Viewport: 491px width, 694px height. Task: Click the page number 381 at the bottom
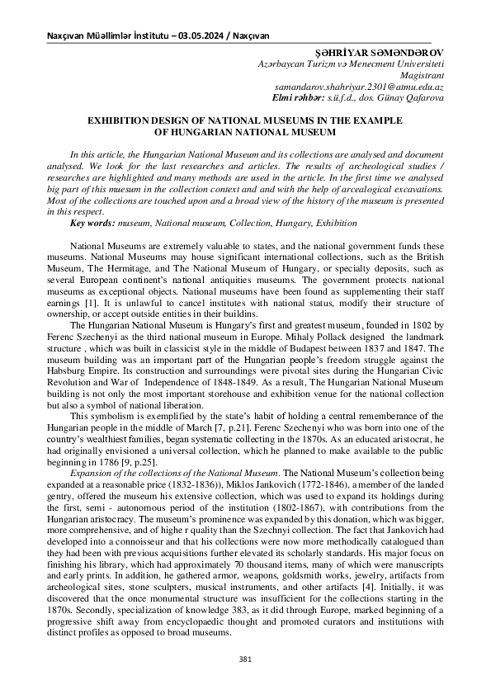pos(245,659)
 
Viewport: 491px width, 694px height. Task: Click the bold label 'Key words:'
pos(92,223)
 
